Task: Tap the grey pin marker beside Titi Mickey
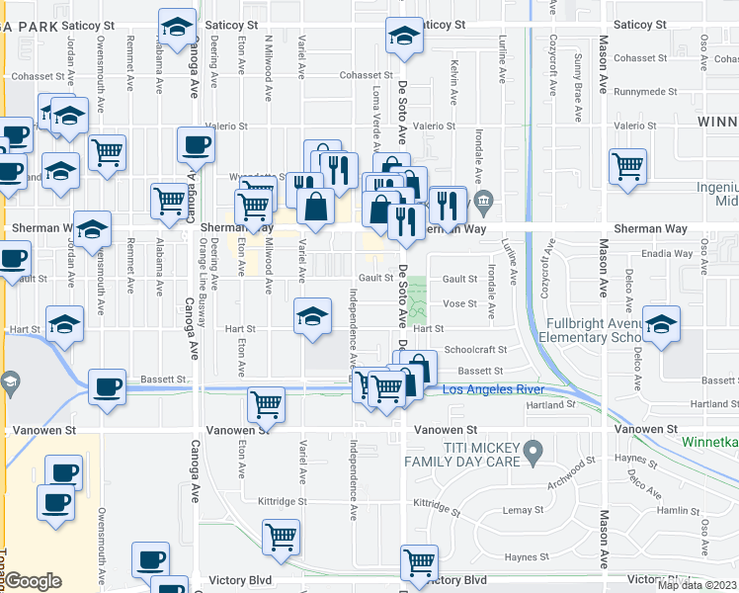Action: [x=534, y=453]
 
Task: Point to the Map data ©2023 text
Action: [x=697, y=585]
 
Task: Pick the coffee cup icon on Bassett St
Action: [x=107, y=385]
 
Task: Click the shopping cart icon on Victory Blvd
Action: [x=419, y=561]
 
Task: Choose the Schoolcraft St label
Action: [x=475, y=350]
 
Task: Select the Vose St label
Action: [x=460, y=303]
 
